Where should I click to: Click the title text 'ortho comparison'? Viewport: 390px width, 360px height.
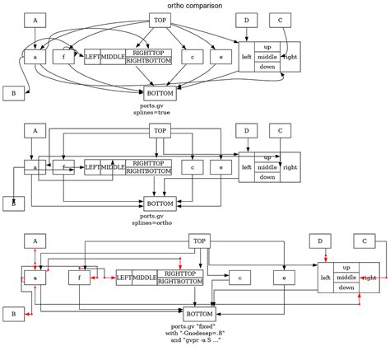pos(194,6)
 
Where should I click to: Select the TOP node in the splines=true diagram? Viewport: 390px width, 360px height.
pos(160,20)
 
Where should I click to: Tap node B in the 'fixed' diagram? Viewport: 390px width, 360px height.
pos(13,314)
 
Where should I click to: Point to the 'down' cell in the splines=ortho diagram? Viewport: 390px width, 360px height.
pos(267,176)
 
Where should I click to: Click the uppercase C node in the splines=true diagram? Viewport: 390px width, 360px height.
pos(281,20)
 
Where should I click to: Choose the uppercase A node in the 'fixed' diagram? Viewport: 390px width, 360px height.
pos(35,241)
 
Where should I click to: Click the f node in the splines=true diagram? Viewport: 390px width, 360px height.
pos(63,57)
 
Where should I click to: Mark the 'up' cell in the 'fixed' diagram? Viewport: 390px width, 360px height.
pos(346,267)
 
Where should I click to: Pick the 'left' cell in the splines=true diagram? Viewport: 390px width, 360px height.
pos(246,57)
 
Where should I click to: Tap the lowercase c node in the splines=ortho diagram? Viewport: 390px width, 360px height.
pos(192,167)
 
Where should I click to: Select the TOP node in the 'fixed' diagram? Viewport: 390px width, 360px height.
pos(198,241)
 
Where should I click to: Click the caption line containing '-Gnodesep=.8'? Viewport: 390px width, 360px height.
pos(197,333)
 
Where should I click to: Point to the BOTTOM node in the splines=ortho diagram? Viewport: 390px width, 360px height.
pos(160,203)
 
